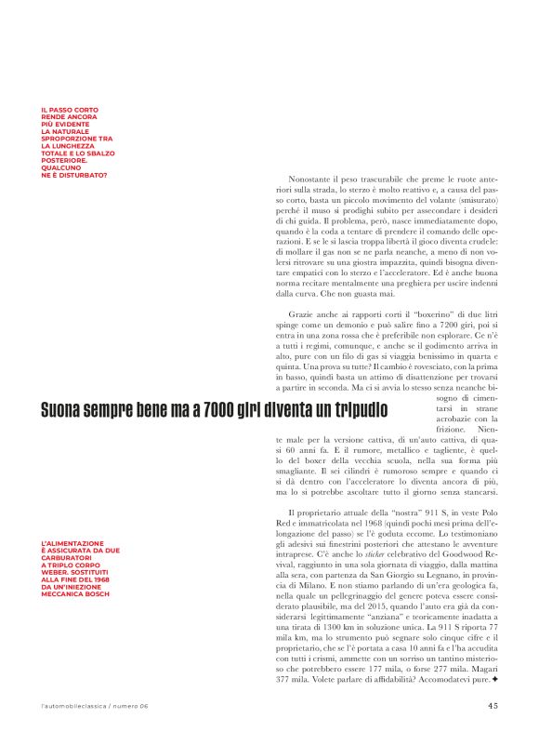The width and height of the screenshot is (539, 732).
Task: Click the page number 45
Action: tap(492, 704)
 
